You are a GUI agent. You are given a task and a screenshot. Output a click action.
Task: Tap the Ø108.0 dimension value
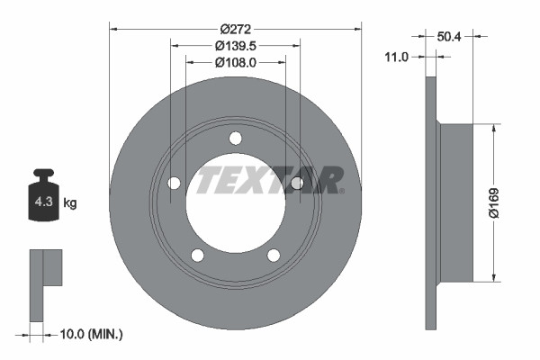pyautogui.click(x=236, y=62)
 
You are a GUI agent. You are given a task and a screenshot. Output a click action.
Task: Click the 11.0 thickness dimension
pyautogui.click(x=396, y=57)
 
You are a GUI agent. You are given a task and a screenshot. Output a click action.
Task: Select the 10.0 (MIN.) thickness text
pyautogui.click(x=89, y=334)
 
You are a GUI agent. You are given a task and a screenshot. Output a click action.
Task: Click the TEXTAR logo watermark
pyautogui.click(x=270, y=179)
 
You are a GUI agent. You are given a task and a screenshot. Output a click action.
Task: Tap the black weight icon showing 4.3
pyautogui.click(x=43, y=193)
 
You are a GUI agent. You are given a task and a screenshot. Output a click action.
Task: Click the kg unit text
pyautogui.click(x=70, y=203)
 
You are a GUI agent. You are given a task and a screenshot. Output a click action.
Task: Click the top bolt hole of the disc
pyautogui.click(x=236, y=138)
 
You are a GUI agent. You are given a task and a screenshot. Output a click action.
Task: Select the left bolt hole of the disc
pyautogui.click(x=174, y=183)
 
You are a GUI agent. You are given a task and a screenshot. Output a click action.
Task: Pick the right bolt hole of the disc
pyautogui.click(x=296, y=183)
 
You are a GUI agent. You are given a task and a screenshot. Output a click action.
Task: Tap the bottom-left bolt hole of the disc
pyautogui.click(x=198, y=255)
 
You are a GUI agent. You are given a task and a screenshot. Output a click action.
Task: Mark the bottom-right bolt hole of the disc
pyautogui.click(x=274, y=255)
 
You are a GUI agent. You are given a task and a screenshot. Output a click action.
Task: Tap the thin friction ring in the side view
pyautogui.click(x=430, y=202)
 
